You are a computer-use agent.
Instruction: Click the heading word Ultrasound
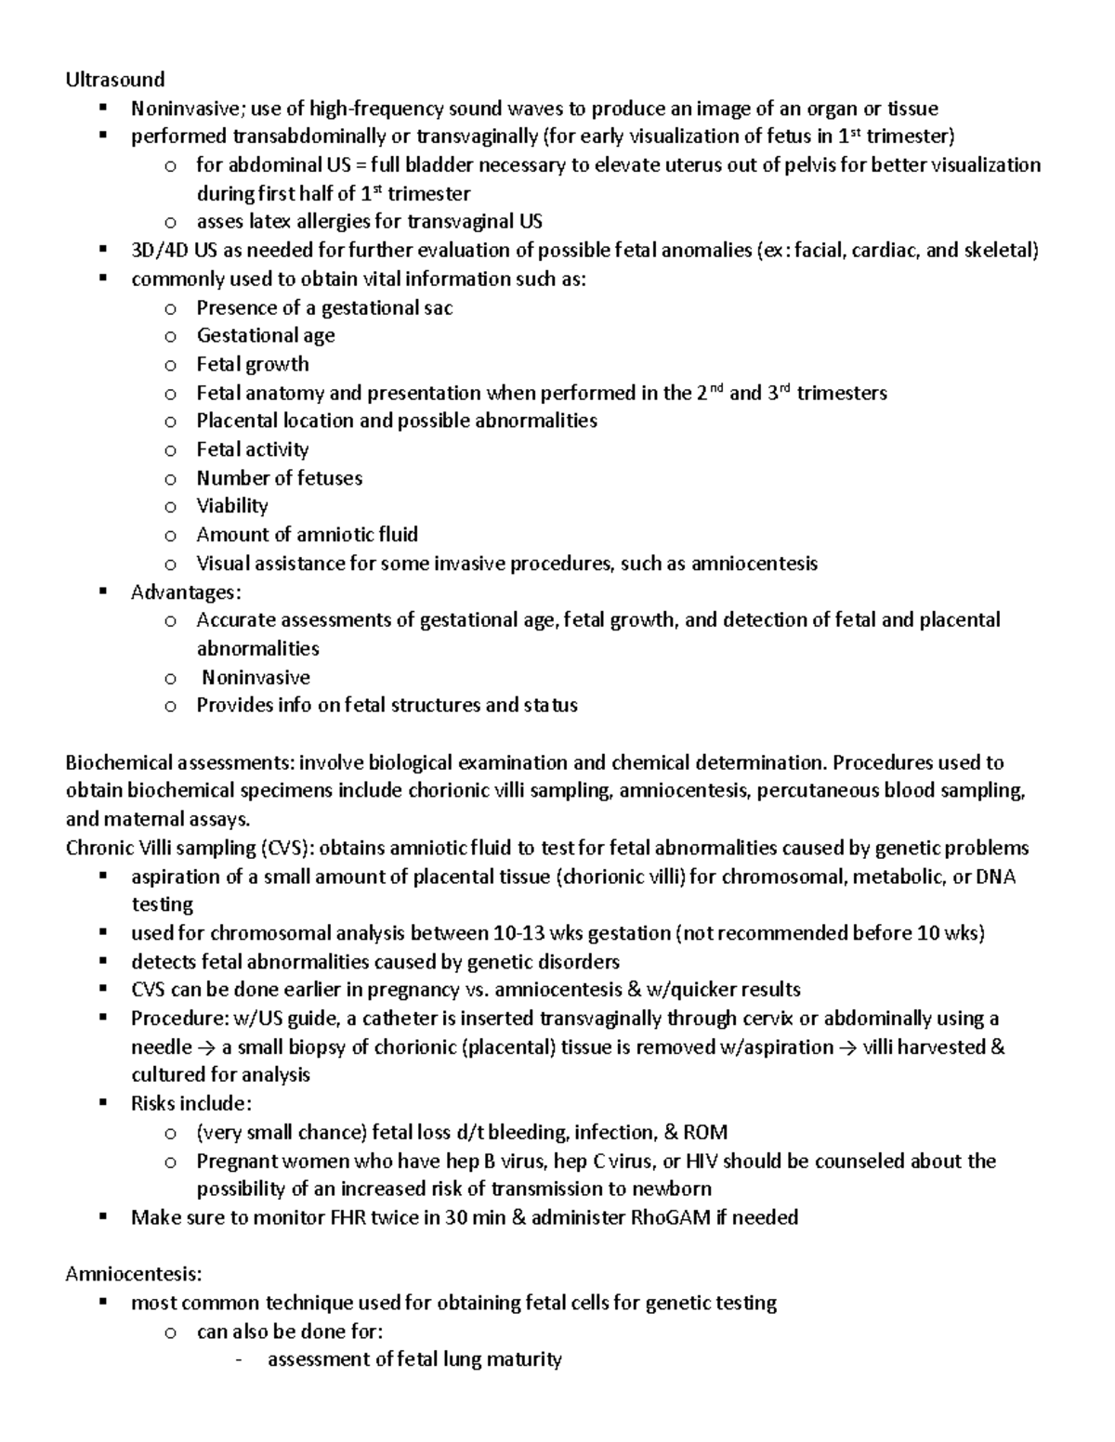[x=114, y=79]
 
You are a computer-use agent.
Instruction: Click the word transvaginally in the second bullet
[x=476, y=136]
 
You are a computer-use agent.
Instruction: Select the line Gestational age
[x=265, y=335]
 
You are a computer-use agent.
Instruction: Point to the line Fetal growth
[x=252, y=364]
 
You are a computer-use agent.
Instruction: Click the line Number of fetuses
[x=279, y=478]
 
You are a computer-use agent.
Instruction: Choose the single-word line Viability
[x=231, y=506]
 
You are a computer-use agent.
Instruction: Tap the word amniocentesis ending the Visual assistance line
[x=754, y=564]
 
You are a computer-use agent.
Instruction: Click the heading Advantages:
[x=186, y=592]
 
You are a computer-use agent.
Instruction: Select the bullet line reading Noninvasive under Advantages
[x=256, y=678]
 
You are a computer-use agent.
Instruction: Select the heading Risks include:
[x=190, y=1104]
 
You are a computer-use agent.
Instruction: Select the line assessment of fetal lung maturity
[x=414, y=1360]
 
